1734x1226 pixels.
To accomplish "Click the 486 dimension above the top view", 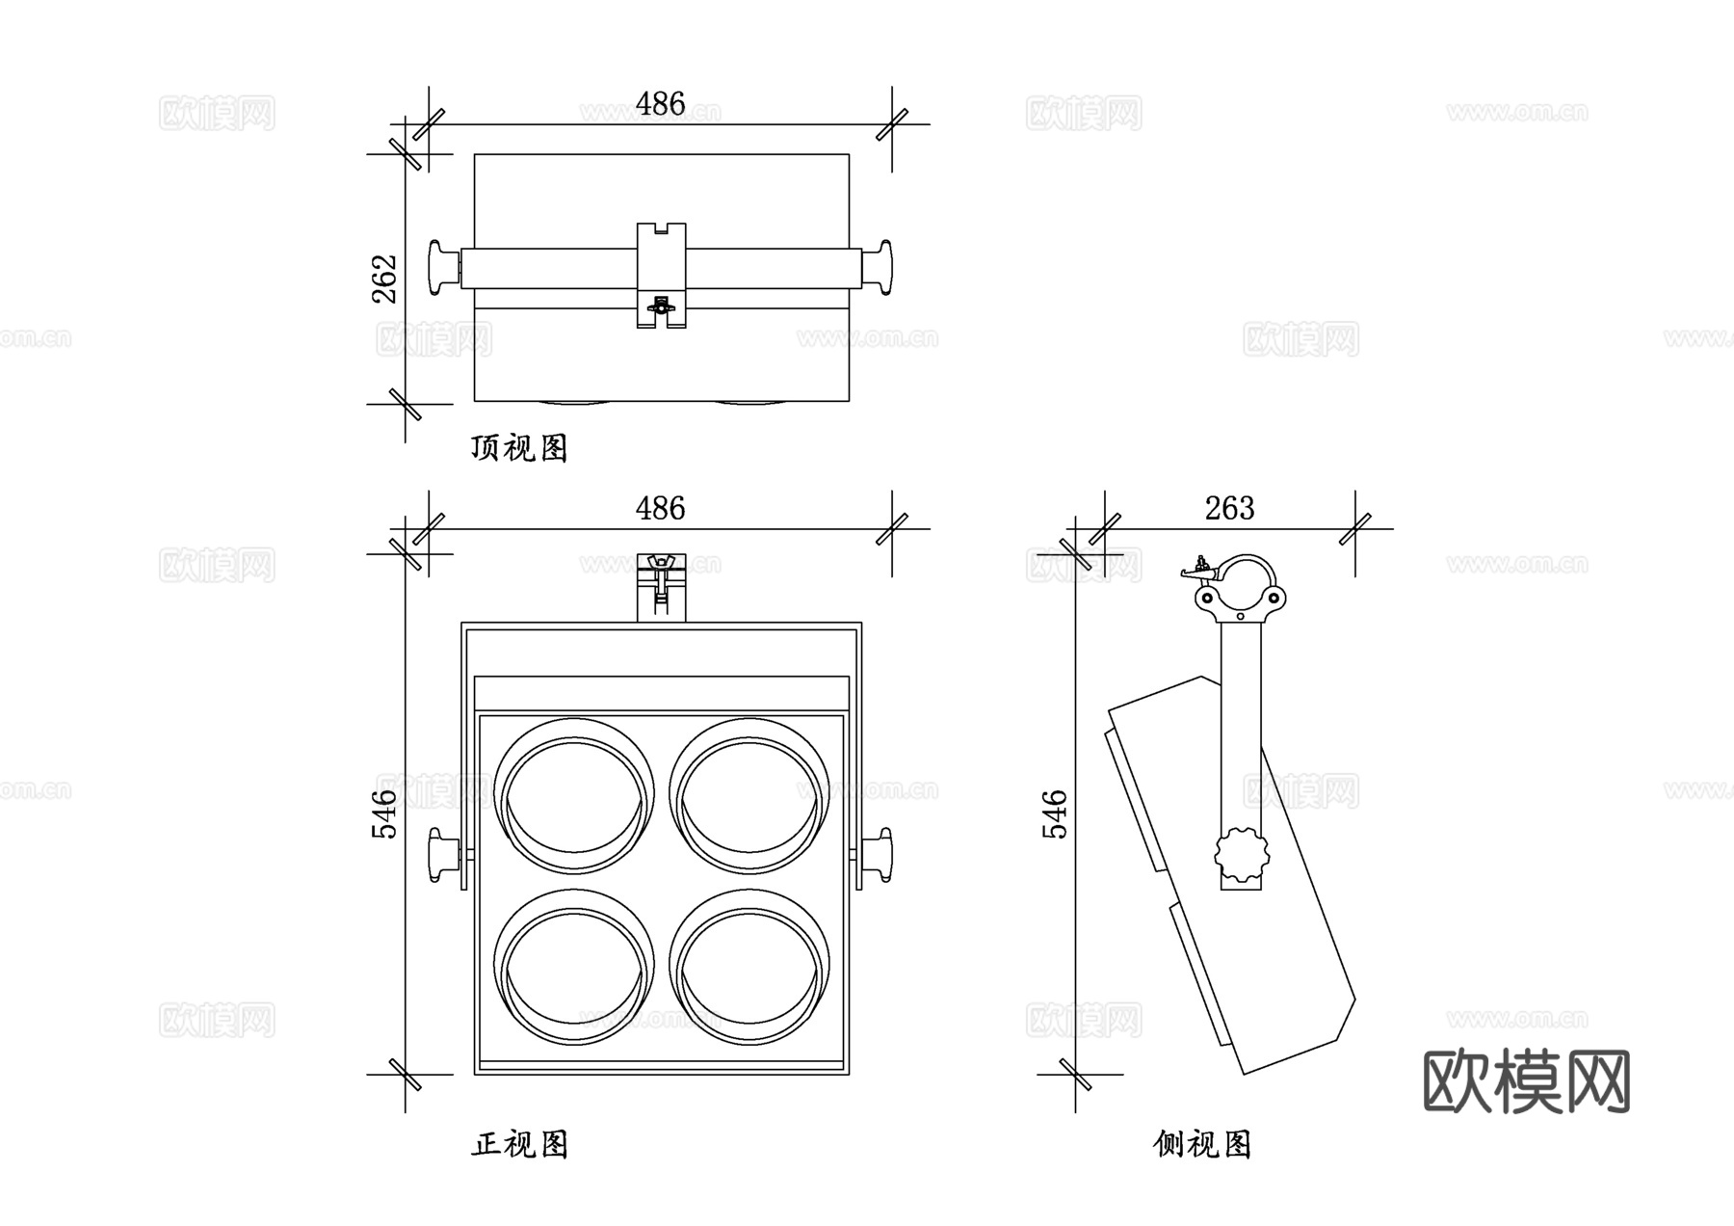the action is [660, 104].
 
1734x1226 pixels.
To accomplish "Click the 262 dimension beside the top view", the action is [384, 279].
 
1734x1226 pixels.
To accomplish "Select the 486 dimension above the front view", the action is [660, 508].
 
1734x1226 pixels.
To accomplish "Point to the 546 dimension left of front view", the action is [384, 813].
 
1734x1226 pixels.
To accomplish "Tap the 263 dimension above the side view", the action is [1229, 508].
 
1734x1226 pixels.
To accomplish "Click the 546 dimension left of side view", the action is [1056, 813].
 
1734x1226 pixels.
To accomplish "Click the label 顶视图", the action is [519, 448].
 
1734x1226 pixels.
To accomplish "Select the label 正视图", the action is [519, 1144].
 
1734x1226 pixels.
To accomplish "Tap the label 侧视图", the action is [1202, 1144].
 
